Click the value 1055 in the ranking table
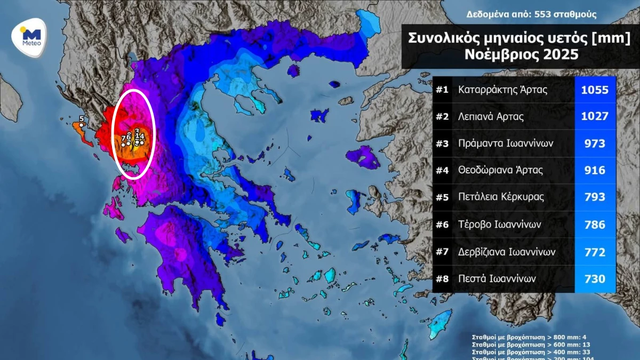[x=595, y=90]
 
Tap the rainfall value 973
[x=595, y=143]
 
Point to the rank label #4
[x=442, y=171]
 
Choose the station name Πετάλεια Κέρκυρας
[x=501, y=197]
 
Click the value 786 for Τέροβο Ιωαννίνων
[x=595, y=225]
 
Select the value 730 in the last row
[x=595, y=278]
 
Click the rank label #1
[x=442, y=90]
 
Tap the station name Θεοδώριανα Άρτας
[x=500, y=171]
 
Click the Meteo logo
[x=29, y=36]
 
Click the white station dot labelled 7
[x=124, y=144]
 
